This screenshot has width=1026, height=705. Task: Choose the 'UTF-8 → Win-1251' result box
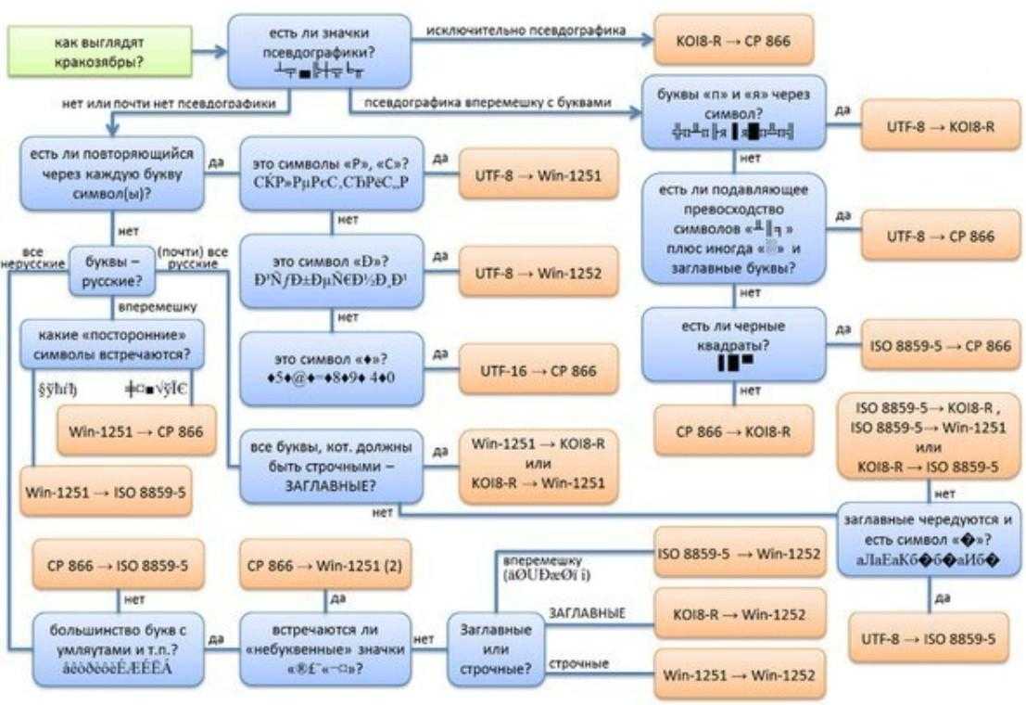(x=538, y=173)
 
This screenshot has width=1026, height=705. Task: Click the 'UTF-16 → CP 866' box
(x=538, y=370)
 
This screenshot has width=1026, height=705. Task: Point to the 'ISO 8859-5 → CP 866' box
(x=936, y=346)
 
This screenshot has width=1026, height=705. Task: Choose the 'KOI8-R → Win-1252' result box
(x=740, y=613)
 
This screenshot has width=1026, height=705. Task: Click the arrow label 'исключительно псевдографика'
(x=526, y=31)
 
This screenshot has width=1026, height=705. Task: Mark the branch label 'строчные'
(x=578, y=664)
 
